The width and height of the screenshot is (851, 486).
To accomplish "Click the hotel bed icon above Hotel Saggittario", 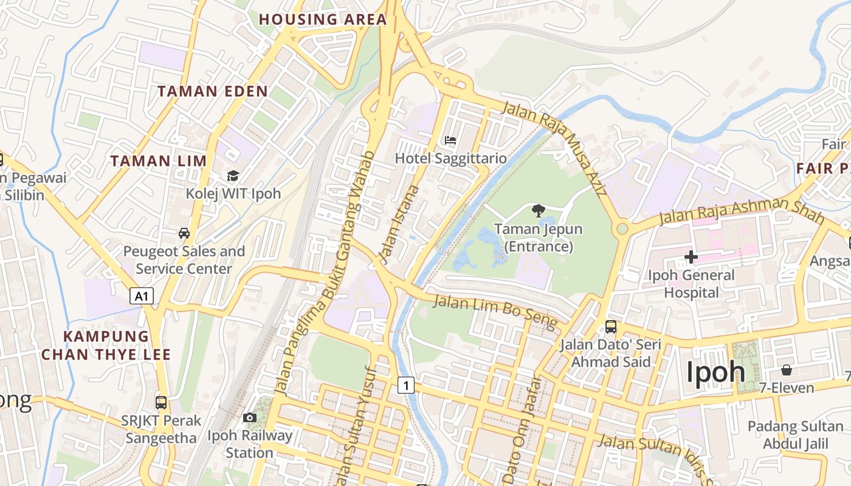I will pyautogui.click(x=450, y=140).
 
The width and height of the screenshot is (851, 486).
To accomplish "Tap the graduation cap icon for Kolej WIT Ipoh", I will pyautogui.click(x=233, y=176).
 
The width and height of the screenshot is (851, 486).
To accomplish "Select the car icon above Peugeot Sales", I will pyautogui.click(x=184, y=233).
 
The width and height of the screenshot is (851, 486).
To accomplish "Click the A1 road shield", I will pyautogui.click(x=142, y=296).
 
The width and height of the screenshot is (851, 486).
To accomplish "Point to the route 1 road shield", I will pyautogui.click(x=407, y=385).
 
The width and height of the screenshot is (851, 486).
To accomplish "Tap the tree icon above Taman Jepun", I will pyautogui.click(x=538, y=211).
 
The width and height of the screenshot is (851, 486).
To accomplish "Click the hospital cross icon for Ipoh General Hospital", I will pyautogui.click(x=691, y=258).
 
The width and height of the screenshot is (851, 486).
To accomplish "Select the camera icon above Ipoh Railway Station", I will pyautogui.click(x=249, y=418).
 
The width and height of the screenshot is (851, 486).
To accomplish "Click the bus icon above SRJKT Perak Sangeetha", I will pyautogui.click(x=161, y=402).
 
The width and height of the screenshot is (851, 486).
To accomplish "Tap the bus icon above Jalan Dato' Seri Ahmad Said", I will pyautogui.click(x=611, y=327).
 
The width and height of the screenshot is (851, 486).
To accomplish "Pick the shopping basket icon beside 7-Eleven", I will pyautogui.click(x=787, y=370).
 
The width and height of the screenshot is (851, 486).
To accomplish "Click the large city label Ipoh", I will pyautogui.click(x=715, y=372).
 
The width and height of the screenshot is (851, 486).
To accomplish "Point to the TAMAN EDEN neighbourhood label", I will pyautogui.click(x=213, y=92).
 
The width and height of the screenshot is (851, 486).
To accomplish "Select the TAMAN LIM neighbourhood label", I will pyautogui.click(x=159, y=161).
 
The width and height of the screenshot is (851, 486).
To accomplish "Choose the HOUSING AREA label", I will pyautogui.click(x=323, y=19).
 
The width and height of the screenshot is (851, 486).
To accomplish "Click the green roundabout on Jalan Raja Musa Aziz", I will pyautogui.click(x=622, y=229).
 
